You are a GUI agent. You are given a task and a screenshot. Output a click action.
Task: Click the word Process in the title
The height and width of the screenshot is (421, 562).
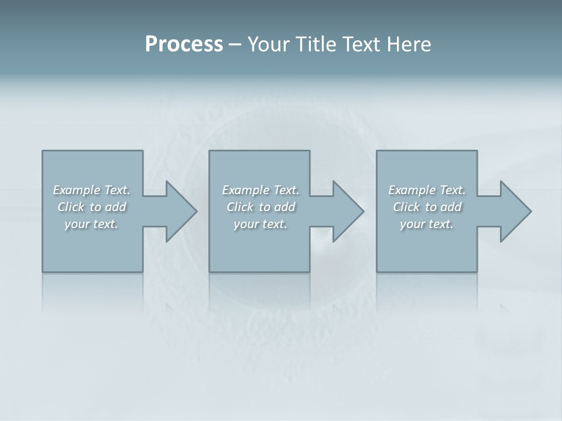184,44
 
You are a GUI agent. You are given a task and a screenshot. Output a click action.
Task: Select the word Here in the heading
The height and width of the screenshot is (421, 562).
408,44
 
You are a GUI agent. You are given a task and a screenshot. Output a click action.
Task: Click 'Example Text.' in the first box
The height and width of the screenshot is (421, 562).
91,190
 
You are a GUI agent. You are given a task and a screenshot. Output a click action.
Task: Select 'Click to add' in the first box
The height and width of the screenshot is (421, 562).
91,207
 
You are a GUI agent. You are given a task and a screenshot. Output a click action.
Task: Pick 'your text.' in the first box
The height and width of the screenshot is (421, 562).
91,224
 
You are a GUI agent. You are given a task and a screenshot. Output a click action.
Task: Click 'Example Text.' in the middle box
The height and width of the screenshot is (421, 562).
261,190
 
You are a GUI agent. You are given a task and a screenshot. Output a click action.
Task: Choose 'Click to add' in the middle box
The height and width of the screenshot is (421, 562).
261,207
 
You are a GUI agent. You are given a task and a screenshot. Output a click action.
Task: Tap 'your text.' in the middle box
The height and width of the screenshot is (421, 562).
261,224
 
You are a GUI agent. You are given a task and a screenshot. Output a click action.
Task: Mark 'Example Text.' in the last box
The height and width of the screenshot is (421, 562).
427,190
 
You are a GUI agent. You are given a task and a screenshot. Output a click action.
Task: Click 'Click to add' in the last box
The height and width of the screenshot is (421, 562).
427,207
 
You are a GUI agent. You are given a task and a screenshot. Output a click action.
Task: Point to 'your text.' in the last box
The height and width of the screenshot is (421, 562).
427,224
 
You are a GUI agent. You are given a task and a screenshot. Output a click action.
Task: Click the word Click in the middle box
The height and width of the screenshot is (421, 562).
240,207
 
